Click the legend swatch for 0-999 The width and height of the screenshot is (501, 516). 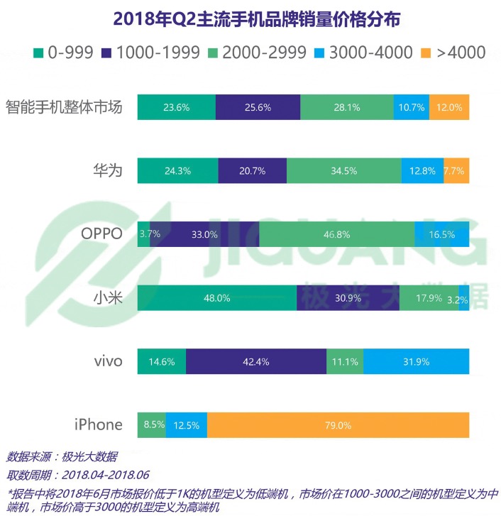coord(40,52)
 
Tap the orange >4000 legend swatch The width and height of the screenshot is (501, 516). coord(426,52)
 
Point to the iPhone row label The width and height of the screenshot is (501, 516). coord(99,424)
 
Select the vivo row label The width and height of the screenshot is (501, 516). coord(108,361)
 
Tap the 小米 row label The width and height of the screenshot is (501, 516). coord(109,298)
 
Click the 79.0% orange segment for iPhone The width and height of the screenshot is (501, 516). coord(338,425)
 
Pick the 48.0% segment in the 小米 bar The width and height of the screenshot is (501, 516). coord(216,298)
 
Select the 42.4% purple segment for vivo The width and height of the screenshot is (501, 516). coord(256,361)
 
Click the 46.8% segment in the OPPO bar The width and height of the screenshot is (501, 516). coord(336,234)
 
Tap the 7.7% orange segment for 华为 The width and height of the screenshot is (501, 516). coord(456,171)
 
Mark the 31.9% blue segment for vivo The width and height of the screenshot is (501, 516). coord(416,361)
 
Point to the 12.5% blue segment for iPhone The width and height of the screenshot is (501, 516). coord(187,425)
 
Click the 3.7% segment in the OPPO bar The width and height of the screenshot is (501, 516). coord(143,234)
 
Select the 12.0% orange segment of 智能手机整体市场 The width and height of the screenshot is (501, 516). coord(448,108)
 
